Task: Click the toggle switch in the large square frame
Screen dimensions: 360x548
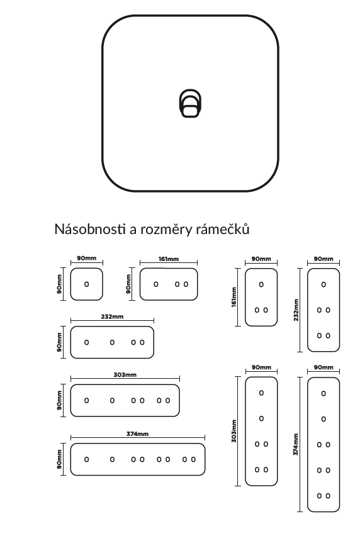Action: (x=190, y=103)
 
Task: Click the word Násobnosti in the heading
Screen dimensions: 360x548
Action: (x=90, y=229)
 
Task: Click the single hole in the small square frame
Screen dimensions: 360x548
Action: (x=87, y=284)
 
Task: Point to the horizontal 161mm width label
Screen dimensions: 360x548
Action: (x=169, y=259)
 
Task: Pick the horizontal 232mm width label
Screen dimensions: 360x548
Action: (x=112, y=316)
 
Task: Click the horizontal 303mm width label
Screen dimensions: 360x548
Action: (x=125, y=374)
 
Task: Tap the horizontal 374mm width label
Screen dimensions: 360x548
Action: (x=137, y=433)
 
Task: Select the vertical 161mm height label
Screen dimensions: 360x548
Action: (x=234, y=297)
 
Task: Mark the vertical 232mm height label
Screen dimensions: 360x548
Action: (x=296, y=310)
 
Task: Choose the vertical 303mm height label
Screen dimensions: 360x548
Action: (x=234, y=431)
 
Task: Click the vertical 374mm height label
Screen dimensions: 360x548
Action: (x=296, y=444)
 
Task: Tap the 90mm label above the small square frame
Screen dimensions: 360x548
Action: (x=87, y=259)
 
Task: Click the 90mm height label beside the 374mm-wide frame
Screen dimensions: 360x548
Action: (x=59, y=459)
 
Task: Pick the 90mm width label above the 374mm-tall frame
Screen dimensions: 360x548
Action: (x=323, y=367)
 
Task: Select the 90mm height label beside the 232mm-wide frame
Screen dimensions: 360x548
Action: (x=59, y=342)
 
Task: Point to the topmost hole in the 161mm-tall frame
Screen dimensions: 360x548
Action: (x=261, y=284)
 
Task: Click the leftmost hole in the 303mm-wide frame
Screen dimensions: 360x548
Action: (x=87, y=401)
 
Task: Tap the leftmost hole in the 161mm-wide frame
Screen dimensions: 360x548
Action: (x=156, y=284)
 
